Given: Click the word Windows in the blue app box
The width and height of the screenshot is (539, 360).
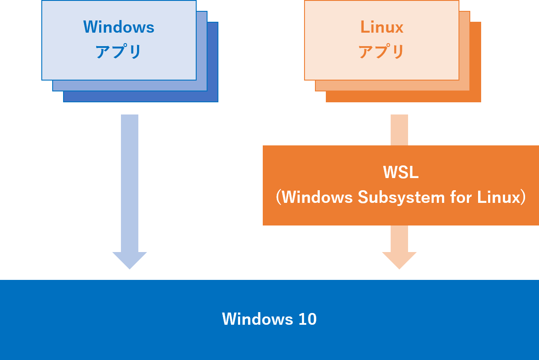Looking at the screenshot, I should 119,27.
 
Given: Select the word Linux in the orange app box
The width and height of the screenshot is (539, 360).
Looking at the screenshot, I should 382,27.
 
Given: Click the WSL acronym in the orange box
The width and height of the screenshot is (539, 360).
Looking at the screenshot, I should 401,172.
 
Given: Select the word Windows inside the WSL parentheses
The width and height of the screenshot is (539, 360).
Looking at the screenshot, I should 317,198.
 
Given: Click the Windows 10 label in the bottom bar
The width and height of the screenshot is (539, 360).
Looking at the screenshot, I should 269,319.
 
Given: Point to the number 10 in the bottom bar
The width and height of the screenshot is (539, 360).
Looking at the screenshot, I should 308,319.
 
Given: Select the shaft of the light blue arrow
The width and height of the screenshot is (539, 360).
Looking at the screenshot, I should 130,183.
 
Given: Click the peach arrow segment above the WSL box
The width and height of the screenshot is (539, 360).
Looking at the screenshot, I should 399,130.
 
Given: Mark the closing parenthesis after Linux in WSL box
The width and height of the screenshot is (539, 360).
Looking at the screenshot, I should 524,198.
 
